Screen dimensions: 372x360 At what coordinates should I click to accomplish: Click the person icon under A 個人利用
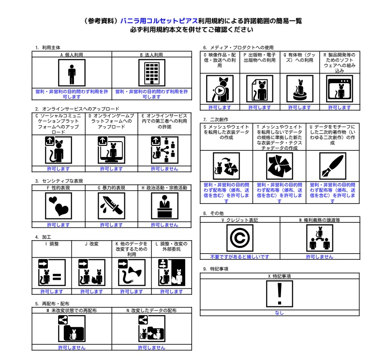(x=72, y=74)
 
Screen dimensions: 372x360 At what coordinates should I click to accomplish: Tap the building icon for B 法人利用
(x=151, y=74)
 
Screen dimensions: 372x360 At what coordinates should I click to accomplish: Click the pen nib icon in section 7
(x=332, y=166)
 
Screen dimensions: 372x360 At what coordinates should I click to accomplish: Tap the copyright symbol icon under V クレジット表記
(x=240, y=238)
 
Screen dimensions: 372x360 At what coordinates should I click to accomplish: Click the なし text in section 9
(x=279, y=313)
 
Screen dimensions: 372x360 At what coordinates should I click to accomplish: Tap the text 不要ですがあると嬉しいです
(x=239, y=257)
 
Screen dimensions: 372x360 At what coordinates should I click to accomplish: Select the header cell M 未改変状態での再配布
(x=72, y=310)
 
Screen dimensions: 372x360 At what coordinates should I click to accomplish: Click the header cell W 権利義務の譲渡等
(x=319, y=220)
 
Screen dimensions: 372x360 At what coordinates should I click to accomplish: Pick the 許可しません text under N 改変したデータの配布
(x=151, y=347)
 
